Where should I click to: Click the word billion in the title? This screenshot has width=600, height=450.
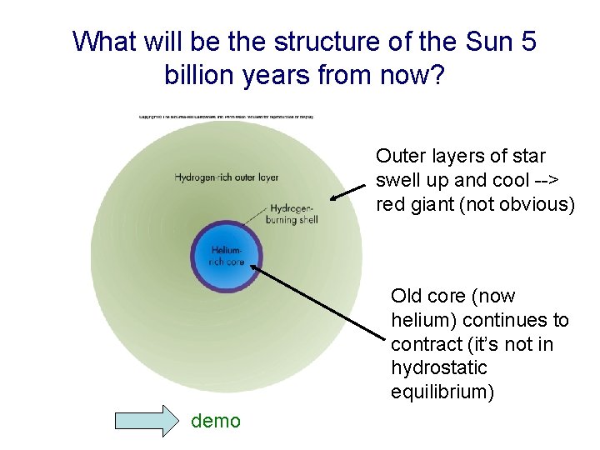pos(199,77)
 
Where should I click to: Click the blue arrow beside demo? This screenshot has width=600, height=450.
pos(147,421)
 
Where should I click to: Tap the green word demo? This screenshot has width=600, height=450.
pos(216,421)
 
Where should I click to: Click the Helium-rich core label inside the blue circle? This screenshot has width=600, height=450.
pos(226,255)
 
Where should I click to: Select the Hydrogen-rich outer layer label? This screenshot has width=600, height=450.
pos(226,177)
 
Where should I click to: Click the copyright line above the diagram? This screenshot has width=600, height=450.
pos(226,117)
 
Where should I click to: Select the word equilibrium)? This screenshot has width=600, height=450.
pos(442,392)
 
